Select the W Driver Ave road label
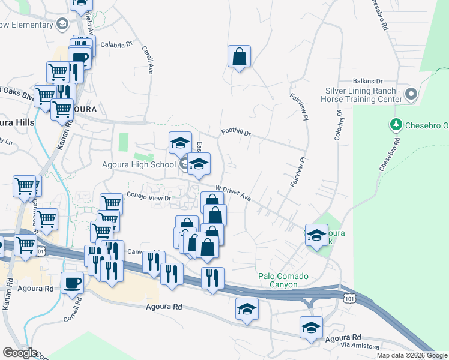[x=232, y=191]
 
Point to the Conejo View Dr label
[x=149, y=197]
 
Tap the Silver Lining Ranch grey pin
[x=411, y=94]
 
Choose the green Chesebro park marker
[x=396, y=125]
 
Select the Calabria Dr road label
[x=116, y=44]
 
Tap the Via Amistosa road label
[x=360, y=346]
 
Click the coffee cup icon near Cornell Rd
[x=72, y=282]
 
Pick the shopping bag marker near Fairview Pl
[x=239, y=56]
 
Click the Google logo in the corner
[x=20, y=353]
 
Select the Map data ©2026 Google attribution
[x=412, y=355]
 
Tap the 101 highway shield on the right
[x=350, y=298]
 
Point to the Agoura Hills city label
[x=17, y=121]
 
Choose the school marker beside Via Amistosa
[x=311, y=328]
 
